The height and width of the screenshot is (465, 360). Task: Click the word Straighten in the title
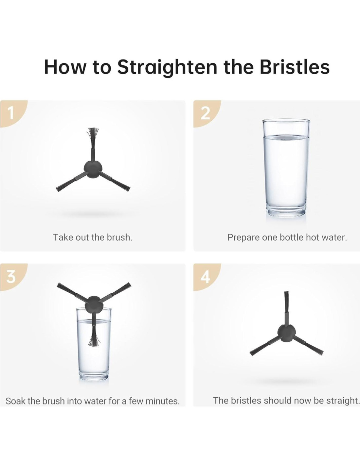[167, 67]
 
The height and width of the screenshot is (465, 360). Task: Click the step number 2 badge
[205, 113]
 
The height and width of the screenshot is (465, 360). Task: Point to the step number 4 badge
[205, 277]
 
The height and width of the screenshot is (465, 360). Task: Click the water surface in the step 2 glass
[286, 137]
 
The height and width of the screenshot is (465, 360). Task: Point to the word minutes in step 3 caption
[163, 401]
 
